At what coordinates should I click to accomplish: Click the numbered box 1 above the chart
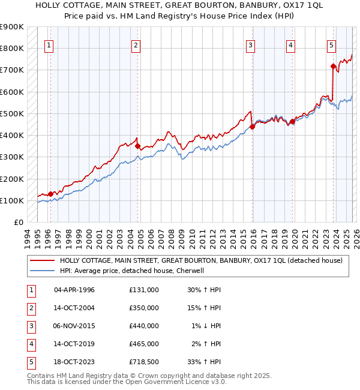tap(49, 44)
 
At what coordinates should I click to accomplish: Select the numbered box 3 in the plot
tap(250, 44)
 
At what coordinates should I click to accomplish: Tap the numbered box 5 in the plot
tap(331, 44)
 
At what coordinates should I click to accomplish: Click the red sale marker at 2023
tap(333, 66)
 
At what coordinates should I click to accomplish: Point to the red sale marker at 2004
tap(138, 146)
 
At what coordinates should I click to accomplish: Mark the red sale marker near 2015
tap(252, 126)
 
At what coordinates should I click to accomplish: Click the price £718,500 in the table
tap(144, 362)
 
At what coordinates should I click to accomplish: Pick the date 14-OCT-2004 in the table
tap(74, 308)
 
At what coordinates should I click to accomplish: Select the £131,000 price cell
tap(144, 290)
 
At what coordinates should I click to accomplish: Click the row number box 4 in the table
tap(29, 344)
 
